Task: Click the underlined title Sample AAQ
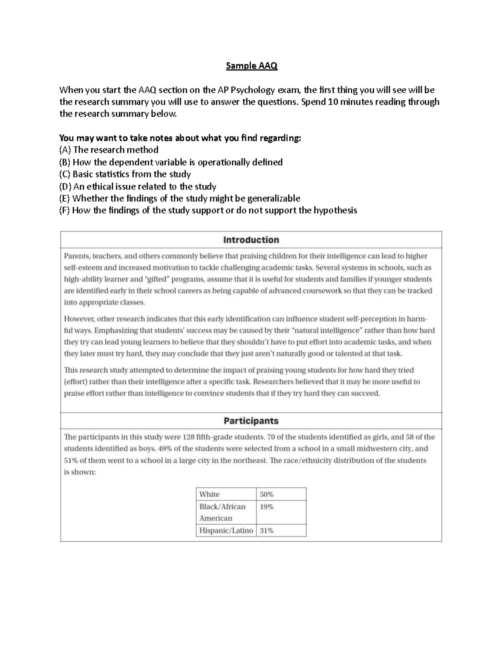click(x=251, y=66)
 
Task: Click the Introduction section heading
click(x=251, y=240)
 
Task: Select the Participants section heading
click(x=251, y=421)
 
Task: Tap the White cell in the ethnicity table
click(x=210, y=494)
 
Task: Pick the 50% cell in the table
click(x=267, y=494)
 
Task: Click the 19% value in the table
click(x=267, y=507)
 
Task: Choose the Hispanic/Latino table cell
click(x=226, y=531)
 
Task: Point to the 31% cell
click(x=267, y=531)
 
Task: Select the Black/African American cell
click(x=223, y=512)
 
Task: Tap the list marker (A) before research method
click(x=65, y=150)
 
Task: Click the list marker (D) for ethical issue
click(x=65, y=186)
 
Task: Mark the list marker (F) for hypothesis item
click(x=65, y=210)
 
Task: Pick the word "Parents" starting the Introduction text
click(x=76, y=256)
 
